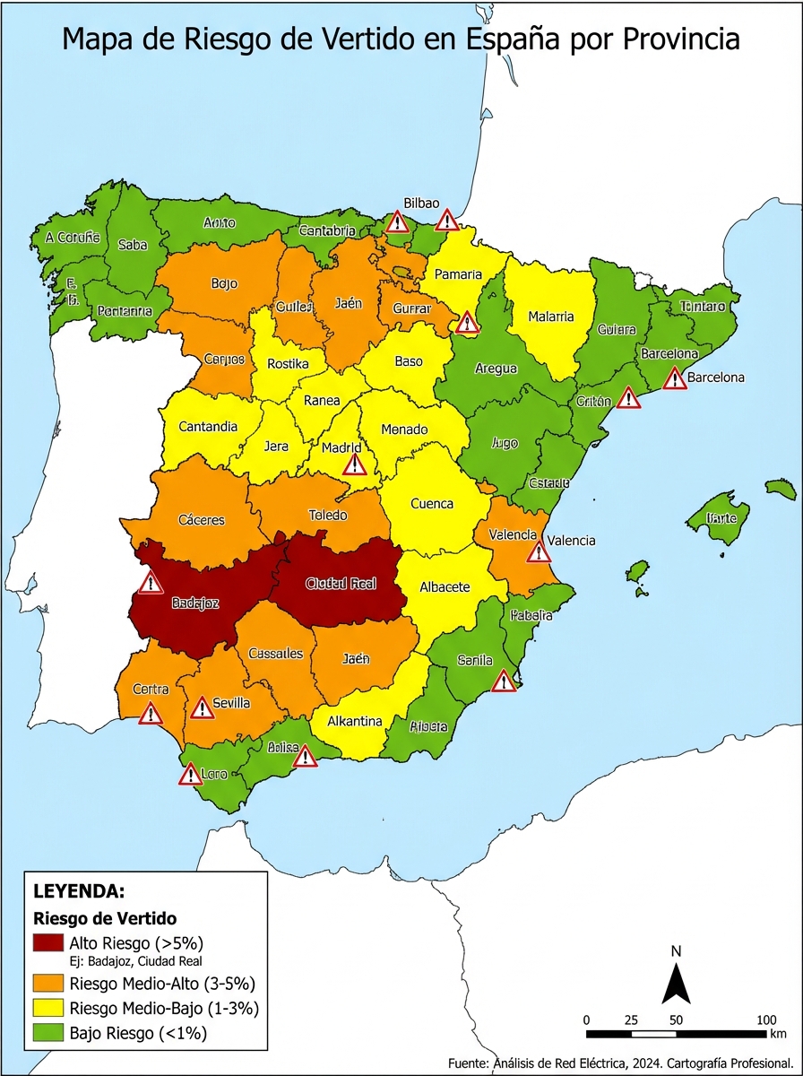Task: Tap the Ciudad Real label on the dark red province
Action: pos(341,584)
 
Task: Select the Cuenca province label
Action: pos(432,504)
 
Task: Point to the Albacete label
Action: pos(445,587)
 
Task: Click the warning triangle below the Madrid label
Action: pos(355,464)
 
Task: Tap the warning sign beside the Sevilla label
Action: pos(203,707)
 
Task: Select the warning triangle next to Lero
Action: pos(190,775)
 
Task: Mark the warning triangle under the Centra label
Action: pos(151,714)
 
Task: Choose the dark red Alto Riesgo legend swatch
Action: pos(48,943)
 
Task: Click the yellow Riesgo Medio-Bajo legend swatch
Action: pos(48,1008)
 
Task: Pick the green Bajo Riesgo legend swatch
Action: pos(48,1033)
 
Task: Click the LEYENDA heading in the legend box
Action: pos(78,892)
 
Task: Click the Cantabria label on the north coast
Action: pos(327,231)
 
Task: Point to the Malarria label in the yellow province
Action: pos(551,317)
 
